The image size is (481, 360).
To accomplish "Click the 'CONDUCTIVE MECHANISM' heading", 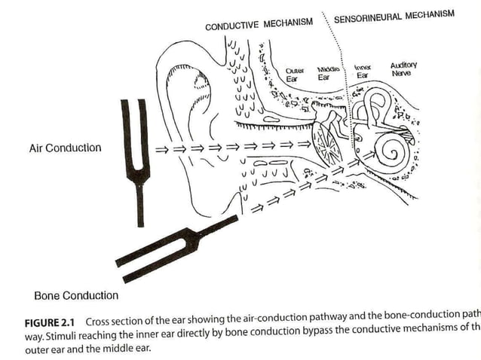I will click(x=259, y=23).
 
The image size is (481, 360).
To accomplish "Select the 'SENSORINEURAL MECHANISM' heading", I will click(x=394, y=16).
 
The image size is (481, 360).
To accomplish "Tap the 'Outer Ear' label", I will click(x=295, y=74).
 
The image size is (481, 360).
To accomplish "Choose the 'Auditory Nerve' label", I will click(x=403, y=70).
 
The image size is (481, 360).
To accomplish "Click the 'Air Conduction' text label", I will click(x=65, y=148).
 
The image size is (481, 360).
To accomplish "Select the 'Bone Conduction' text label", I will click(x=76, y=295).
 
